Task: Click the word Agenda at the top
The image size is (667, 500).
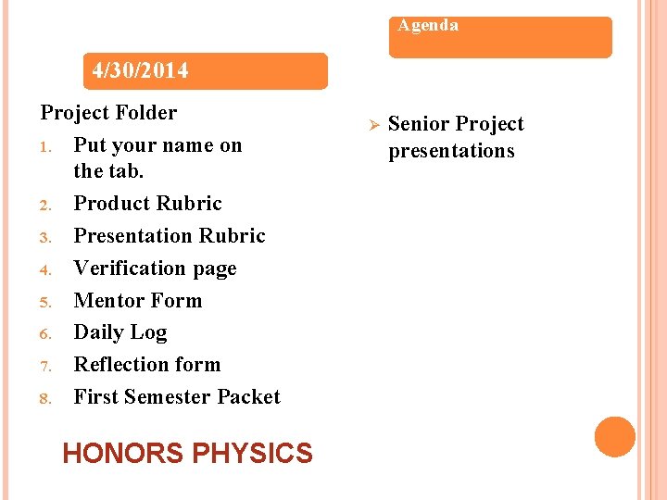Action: pyautogui.click(x=428, y=26)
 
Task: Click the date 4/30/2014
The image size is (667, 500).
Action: pyautogui.click(x=141, y=70)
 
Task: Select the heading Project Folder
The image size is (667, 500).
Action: pyautogui.click(x=108, y=113)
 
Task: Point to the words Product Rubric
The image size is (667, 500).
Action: pyautogui.click(x=148, y=204)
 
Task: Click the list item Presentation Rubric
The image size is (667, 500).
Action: pyautogui.click(x=170, y=236)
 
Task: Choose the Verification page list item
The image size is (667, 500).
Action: pyautogui.click(x=155, y=269)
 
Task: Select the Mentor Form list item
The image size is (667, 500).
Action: pyautogui.click(x=137, y=301)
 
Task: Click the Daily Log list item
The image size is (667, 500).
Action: pyautogui.click(x=120, y=332)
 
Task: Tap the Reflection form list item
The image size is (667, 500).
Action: pyautogui.click(x=147, y=365)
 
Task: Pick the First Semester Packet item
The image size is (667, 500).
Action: pyautogui.click(x=177, y=397)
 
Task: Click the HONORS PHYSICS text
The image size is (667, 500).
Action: pyautogui.click(x=187, y=454)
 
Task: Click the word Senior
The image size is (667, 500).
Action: pyautogui.click(x=418, y=124)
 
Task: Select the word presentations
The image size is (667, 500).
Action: pyautogui.click(x=451, y=151)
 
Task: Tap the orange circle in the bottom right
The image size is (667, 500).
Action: pyautogui.click(x=615, y=437)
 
